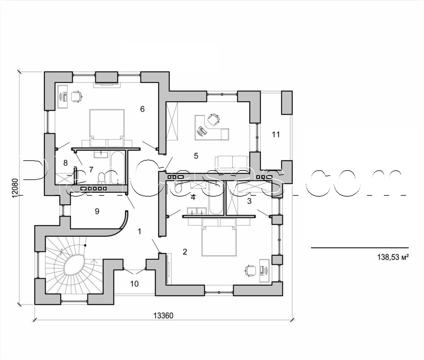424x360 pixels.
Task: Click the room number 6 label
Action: click(x=142, y=109)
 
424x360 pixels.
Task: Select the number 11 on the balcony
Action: click(x=276, y=134)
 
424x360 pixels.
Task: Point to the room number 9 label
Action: click(x=97, y=211)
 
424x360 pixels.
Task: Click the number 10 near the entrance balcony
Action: click(x=135, y=284)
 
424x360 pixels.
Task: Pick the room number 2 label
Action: click(x=185, y=251)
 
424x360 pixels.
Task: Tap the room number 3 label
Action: click(x=249, y=201)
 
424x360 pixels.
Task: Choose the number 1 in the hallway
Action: click(x=140, y=231)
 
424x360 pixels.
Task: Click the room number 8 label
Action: click(x=65, y=163)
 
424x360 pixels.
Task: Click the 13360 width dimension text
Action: click(x=163, y=316)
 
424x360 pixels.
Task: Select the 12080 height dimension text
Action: click(x=15, y=188)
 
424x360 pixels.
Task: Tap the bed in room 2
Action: click(x=219, y=240)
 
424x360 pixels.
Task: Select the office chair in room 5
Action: click(x=214, y=119)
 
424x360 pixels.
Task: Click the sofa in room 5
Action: click(x=232, y=162)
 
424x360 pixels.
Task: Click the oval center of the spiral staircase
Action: click(x=75, y=264)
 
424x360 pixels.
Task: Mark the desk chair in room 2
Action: click(x=249, y=270)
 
